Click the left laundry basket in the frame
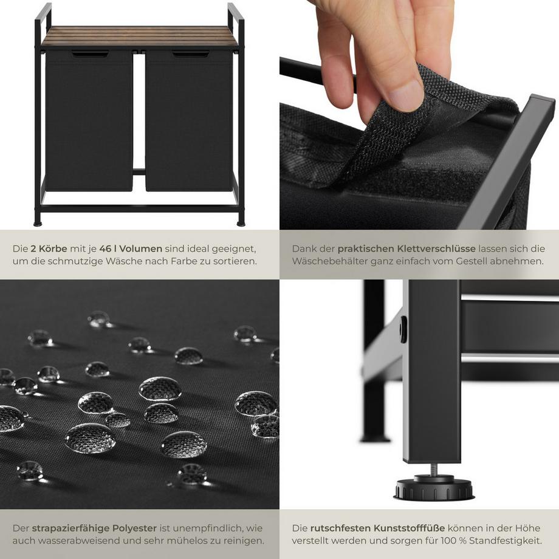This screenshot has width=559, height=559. pyautogui.click(x=89, y=122)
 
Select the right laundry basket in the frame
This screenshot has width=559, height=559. pyautogui.click(x=188, y=122)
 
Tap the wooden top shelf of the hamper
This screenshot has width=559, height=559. pyautogui.click(x=140, y=37)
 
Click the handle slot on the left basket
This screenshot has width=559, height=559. pyautogui.click(x=90, y=55)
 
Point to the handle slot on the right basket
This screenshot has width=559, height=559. pyautogui.click(x=190, y=55)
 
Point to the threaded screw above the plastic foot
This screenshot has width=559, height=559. pyautogui.click(x=433, y=469)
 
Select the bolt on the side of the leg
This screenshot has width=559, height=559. pyautogui.click(x=403, y=329)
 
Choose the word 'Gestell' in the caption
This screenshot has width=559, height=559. pyautogui.click(x=467, y=261)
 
